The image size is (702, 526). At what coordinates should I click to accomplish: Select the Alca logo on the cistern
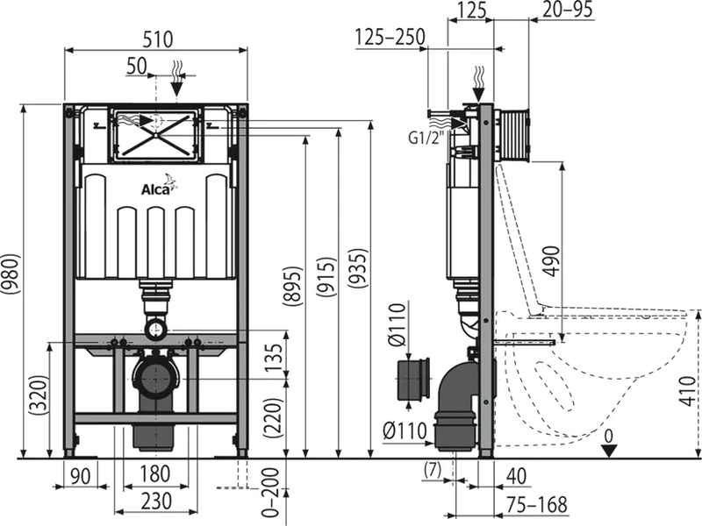point(156,188)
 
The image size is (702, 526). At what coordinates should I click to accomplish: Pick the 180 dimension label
point(154,474)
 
